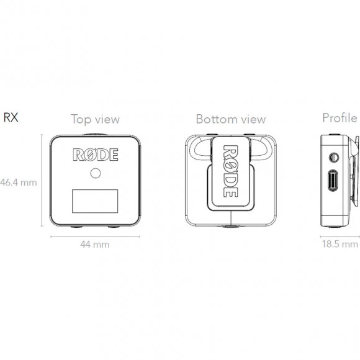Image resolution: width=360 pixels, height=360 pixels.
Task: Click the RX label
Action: [11, 117]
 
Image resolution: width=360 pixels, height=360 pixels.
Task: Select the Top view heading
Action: [95, 119]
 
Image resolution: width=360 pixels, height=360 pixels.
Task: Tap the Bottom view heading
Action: [231, 119]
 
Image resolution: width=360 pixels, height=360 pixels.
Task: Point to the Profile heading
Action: [340, 118]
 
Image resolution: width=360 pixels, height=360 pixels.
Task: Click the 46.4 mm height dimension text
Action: [19, 182]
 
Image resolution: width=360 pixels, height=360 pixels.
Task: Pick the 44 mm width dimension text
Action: [95, 245]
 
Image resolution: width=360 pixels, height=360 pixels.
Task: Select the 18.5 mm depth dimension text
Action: [340, 244]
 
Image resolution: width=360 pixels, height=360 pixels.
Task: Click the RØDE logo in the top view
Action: [96, 155]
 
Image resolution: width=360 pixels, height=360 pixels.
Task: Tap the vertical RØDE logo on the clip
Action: [230, 171]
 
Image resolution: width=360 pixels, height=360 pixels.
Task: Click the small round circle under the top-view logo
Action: [96, 173]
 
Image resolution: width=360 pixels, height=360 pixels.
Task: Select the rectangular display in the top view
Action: [95, 201]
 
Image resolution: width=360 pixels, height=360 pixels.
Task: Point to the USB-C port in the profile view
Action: [333, 181]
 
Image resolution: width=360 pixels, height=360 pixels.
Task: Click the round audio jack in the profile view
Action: [333, 158]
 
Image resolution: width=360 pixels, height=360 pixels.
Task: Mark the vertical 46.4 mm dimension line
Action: [42, 180]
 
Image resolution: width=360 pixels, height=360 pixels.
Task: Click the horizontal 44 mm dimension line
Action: [95, 236]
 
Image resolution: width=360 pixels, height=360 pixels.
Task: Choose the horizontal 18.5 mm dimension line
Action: [340, 236]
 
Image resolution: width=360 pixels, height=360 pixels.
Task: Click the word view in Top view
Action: [107, 120]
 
